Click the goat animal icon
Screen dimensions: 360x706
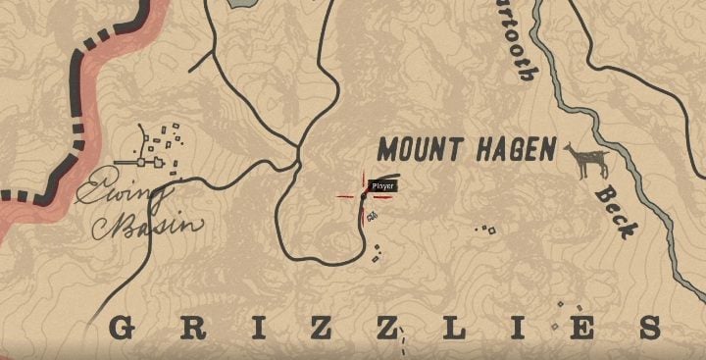[585, 160]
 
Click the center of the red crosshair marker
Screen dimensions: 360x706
[363, 196]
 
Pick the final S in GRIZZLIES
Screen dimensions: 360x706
[674, 328]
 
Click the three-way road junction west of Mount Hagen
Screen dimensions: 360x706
[298, 149]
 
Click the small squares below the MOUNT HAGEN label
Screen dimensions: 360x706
[485, 230]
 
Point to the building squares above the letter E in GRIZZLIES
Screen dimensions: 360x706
[560, 312]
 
